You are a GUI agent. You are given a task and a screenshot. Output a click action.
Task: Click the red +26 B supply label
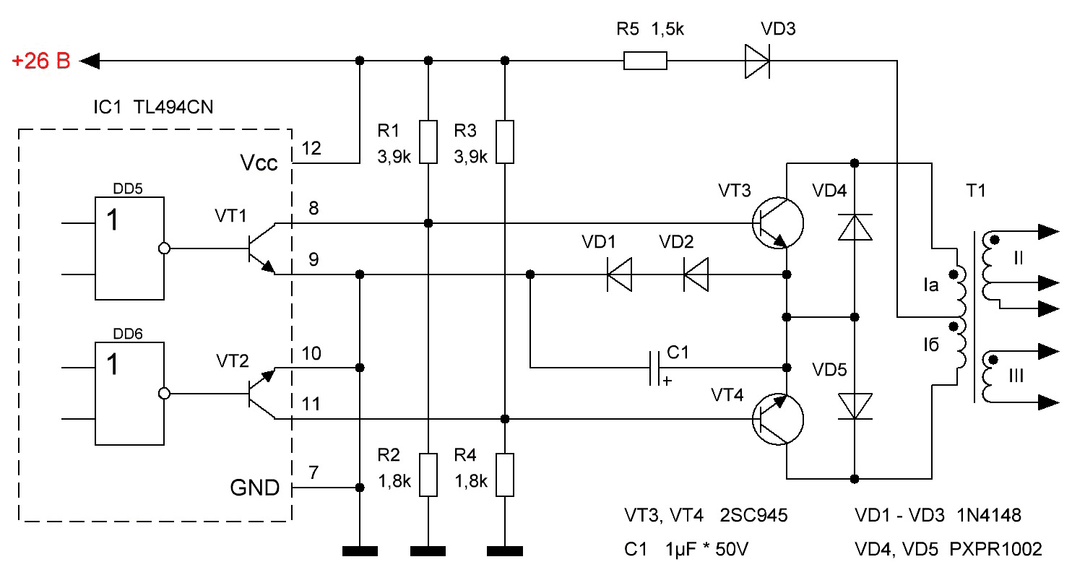click(x=41, y=61)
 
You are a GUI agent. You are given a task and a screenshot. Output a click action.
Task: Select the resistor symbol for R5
click(x=645, y=61)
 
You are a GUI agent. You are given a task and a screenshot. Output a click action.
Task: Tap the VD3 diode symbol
click(x=758, y=61)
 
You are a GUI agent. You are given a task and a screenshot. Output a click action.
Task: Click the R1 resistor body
click(x=428, y=142)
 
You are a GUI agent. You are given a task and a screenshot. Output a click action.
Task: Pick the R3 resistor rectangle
click(x=505, y=142)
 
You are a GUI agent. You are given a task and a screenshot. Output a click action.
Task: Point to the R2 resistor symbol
click(x=428, y=475)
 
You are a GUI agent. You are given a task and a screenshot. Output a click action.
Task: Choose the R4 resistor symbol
click(x=505, y=475)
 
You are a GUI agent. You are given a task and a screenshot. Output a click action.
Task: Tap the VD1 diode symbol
click(x=619, y=274)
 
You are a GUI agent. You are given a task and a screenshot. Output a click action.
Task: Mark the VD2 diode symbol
click(x=696, y=274)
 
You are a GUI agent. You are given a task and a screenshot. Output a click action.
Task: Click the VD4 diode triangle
click(x=855, y=228)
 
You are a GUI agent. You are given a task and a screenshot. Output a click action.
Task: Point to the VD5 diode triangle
click(x=855, y=406)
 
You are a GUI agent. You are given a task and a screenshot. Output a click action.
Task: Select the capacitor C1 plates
click(x=654, y=368)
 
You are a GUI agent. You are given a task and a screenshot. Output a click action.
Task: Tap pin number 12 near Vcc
click(x=311, y=148)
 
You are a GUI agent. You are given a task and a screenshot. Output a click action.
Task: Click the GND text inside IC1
click(x=254, y=488)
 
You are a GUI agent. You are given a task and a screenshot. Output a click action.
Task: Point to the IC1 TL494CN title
click(x=153, y=107)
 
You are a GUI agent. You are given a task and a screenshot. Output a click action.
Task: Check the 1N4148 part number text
click(x=989, y=515)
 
